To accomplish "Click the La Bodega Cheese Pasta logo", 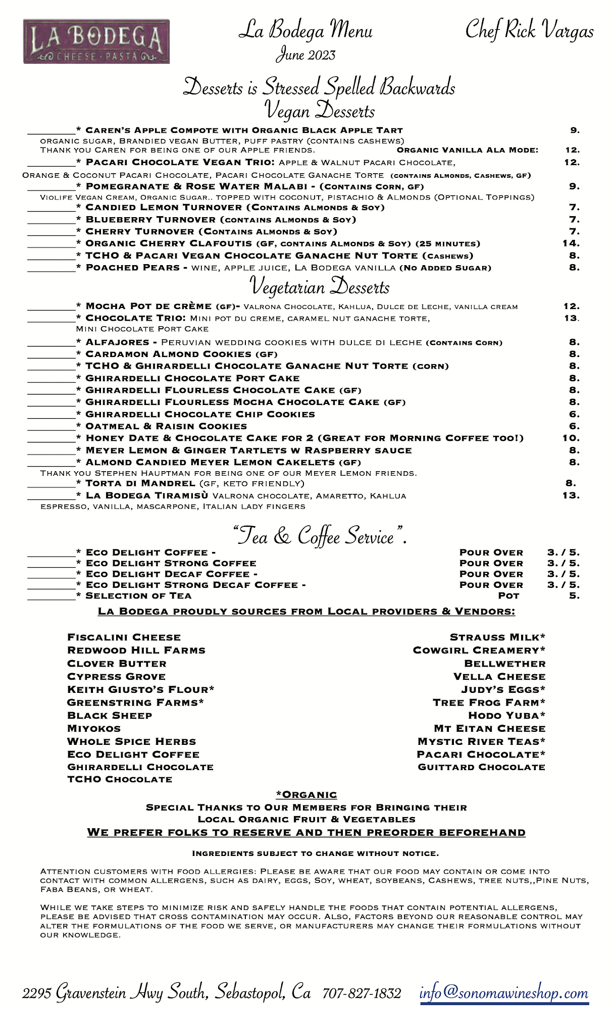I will pos(96,41).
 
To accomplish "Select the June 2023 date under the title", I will pos(305,55).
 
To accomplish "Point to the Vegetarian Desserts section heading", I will pos(320,286).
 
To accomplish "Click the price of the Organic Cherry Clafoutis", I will pos(571,243).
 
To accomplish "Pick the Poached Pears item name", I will pos(133,268).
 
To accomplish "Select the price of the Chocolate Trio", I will pos(571,318).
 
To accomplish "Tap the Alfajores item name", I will pos(117,342).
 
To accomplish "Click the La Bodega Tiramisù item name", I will pos(147,495).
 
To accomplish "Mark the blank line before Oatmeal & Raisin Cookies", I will pos(51,428).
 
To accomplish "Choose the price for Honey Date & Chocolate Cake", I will pos(571,438).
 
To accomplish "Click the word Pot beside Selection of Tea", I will pos(508,596).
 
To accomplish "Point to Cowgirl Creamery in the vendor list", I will pos(479,650).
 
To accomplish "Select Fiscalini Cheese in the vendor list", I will pos(124,637).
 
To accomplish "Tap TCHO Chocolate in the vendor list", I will pos(120,780).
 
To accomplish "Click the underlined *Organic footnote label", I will pos(306,795).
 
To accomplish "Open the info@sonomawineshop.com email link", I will pos(504,993).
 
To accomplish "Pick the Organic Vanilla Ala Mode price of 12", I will pos(573,150).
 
